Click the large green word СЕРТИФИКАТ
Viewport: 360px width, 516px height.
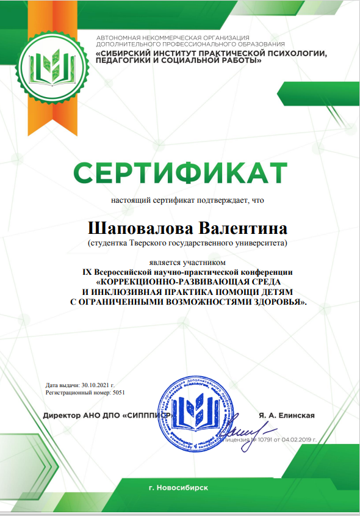coord(180,173)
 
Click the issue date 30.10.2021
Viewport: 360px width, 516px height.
coord(96,386)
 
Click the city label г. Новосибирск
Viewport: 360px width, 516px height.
coord(178,488)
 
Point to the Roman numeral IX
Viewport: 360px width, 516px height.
coord(87,271)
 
